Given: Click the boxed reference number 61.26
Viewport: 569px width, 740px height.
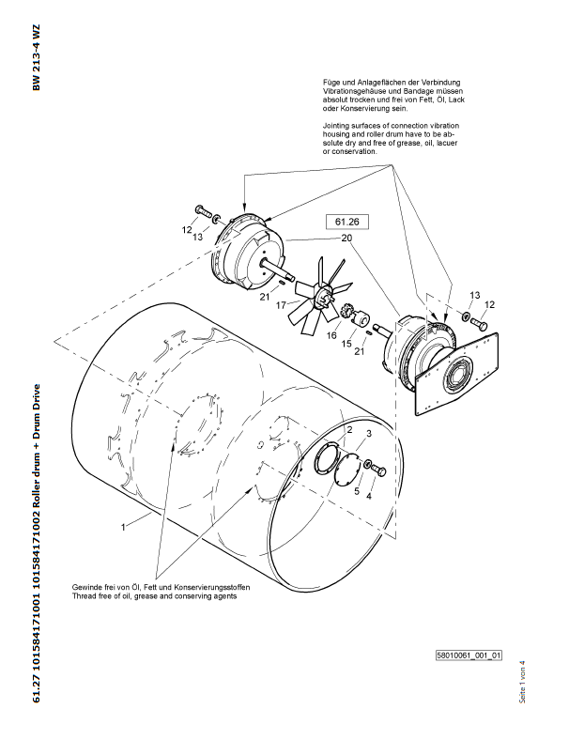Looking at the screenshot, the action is [347, 222].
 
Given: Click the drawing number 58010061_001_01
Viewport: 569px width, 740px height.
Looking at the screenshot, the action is [469, 655].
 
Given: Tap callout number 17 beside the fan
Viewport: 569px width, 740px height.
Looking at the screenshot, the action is [281, 305].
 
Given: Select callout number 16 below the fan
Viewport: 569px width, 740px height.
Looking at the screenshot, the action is [331, 335].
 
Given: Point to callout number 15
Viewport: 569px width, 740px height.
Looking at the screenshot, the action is [346, 344].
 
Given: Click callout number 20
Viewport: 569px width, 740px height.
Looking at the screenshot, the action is [346, 238].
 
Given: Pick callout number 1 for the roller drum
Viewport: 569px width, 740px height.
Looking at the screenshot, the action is [123, 527].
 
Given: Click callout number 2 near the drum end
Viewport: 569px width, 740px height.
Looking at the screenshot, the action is [349, 430].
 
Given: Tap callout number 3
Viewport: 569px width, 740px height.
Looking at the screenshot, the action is [369, 433].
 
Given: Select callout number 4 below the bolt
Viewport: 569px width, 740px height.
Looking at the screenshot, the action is [369, 496].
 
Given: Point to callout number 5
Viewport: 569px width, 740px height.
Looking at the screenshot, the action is [357, 491].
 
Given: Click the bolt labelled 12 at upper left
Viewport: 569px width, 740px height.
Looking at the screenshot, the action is [202, 211].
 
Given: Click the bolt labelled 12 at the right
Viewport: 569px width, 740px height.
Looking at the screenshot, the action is [479, 324].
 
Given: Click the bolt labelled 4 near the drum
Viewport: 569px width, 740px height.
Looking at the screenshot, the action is [377, 470].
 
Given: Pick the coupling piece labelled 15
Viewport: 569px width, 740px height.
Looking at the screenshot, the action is [362, 319].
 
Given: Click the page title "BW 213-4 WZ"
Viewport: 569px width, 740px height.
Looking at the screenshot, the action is [37, 57].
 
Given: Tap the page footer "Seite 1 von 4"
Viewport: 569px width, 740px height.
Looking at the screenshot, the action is [522, 682].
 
